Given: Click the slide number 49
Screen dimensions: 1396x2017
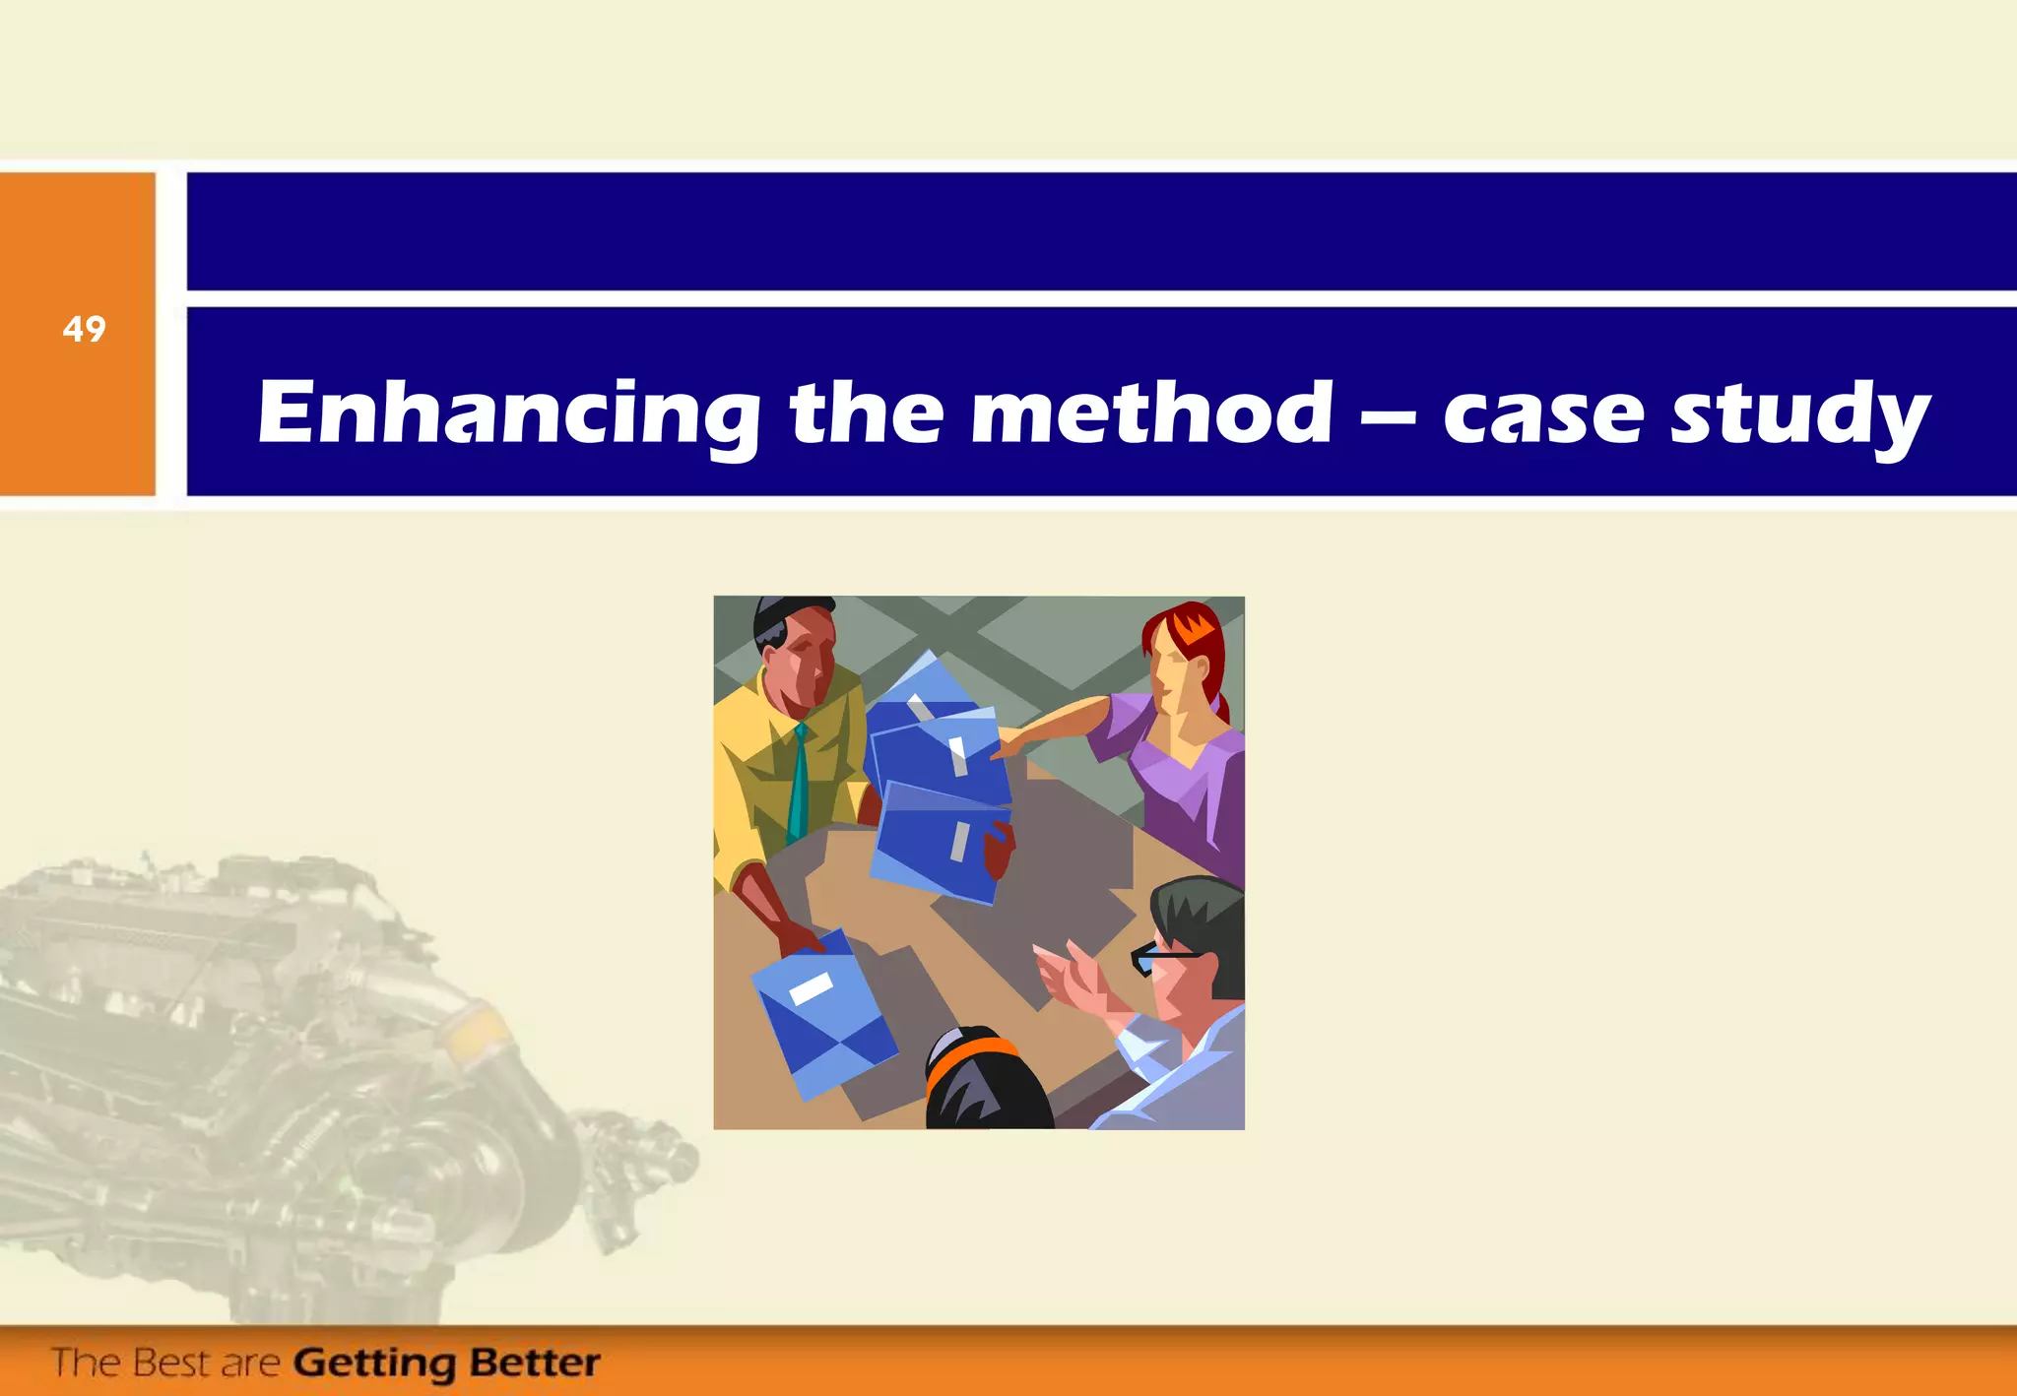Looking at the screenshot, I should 84,329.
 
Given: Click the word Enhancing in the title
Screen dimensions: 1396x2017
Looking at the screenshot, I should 508,413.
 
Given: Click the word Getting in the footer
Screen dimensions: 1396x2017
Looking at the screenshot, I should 374,1364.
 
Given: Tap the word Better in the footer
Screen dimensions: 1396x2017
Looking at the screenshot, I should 535,1363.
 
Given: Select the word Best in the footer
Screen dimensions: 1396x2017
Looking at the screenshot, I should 172,1363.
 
